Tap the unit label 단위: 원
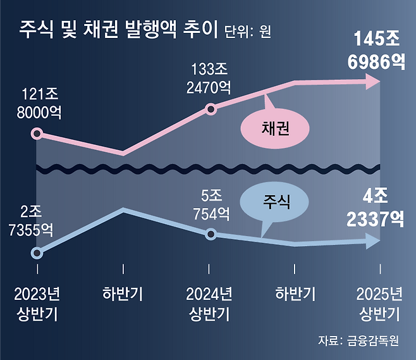coord(248,31)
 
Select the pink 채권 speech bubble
coord(276,129)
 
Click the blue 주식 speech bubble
coord(275,202)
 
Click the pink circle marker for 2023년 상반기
coord(37,133)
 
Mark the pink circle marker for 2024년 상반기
coord(211,110)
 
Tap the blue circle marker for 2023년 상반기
coord(37,253)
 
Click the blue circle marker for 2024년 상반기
coord(211,234)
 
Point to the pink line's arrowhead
coord(373,81)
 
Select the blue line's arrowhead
coord(373,241)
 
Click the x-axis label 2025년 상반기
coord(379,304)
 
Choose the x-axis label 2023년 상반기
coord(37,304)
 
